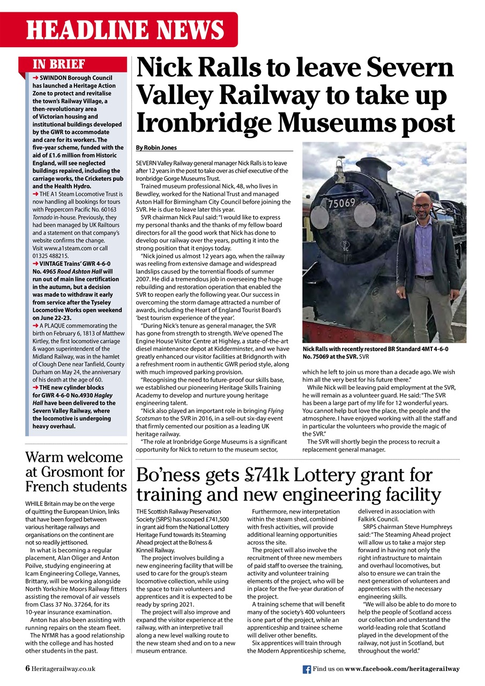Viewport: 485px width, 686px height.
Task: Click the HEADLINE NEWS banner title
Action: (x=125, y=30)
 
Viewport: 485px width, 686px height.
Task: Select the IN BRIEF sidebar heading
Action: (x=59, y=65)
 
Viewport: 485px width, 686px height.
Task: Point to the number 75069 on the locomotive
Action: (x=341, y=204)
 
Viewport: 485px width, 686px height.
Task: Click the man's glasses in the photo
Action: (x=422, y=206)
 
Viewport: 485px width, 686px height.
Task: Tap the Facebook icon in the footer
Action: (x=307, y=669)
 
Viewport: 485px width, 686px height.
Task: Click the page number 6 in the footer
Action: (x=27, y=669)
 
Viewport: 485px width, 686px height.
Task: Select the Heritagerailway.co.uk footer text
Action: (x=63, y=669)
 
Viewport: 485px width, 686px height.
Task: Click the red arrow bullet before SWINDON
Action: (x=36, y=78)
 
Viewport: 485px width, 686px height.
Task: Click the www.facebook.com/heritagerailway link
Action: (x=402, y=669)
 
